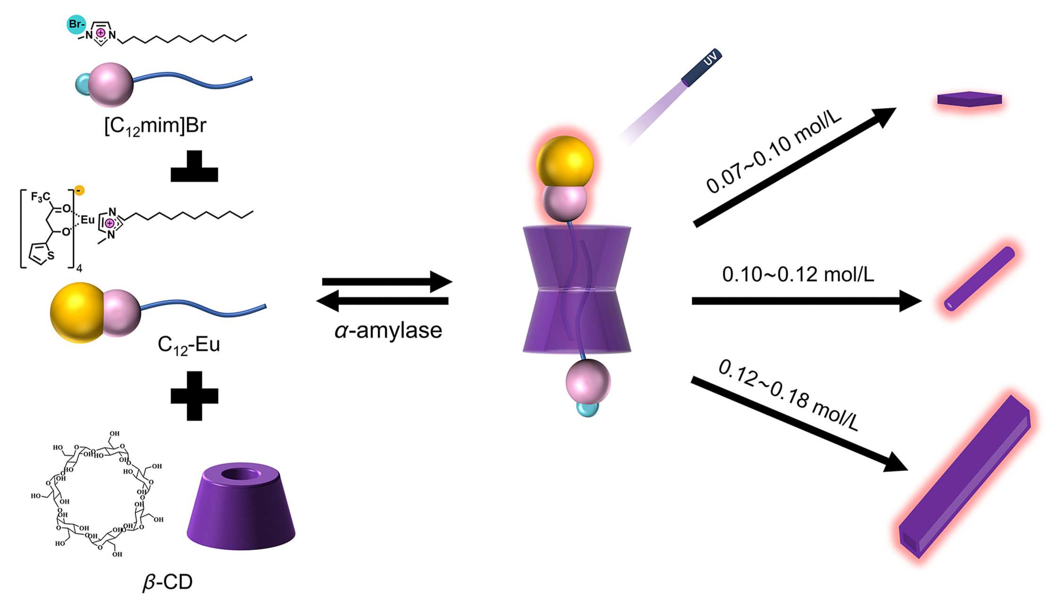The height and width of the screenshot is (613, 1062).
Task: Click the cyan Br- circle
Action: [x=76, y=24]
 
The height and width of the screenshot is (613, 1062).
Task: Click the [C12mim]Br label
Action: [x=155, y=126]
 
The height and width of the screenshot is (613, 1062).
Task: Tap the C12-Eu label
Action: [x=189, y=345]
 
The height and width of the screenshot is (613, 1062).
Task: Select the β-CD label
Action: [x=167, y=582]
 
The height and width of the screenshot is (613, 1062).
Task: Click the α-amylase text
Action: [x=388, y=330]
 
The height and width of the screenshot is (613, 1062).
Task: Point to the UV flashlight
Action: [x=701, y=68]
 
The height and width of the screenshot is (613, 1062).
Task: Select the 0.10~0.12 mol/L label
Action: [x=798, y=274]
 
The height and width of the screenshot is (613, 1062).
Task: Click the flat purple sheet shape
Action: [x=969, y=99]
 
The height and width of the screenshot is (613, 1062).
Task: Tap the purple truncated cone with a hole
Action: [x=241, y=507]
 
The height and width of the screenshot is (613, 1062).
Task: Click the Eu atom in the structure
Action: [x=88, y=220]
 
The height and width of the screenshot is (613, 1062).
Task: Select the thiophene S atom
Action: [x=51, y=256]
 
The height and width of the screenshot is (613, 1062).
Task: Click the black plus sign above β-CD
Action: [x=194, y=396]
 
